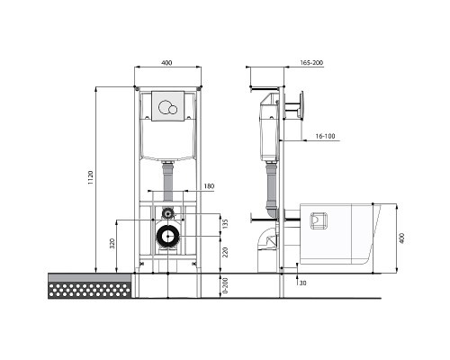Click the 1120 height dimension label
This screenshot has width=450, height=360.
tap(91, 177)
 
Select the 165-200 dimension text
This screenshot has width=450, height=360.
tap(311, 63)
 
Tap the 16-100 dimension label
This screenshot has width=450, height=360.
tap(325, 136)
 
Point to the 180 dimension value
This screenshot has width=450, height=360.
tap(209, 186)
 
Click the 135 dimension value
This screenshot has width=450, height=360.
tap(226, 224)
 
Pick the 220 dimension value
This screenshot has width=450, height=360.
tap(226, 252)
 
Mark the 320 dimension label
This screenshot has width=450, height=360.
tap(112, 244)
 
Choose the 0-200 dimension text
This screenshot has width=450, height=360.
tap(226, 285)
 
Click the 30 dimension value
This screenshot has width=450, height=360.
tap(303, 283)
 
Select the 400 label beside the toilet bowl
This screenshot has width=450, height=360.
tap(402, 238)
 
